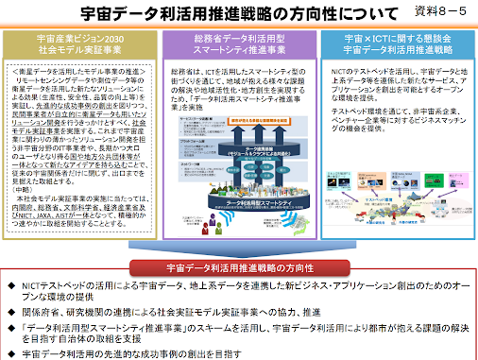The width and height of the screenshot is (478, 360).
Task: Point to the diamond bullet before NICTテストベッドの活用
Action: click(x=10, y=284)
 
